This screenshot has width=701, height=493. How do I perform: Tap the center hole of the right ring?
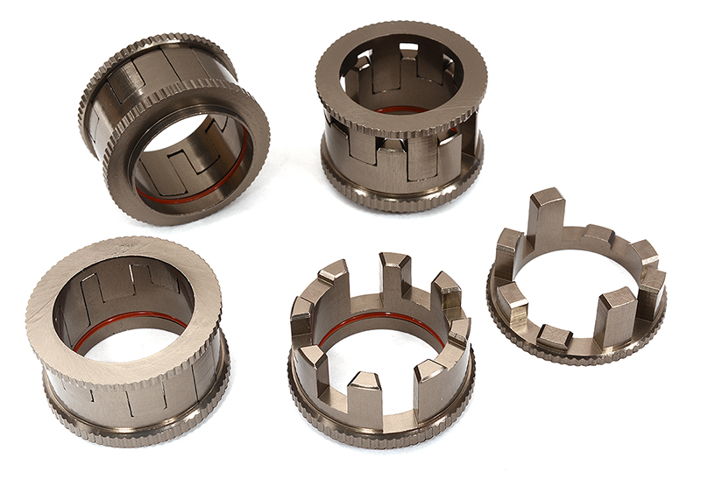point(575,293)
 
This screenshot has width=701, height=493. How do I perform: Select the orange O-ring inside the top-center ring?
point(403,110)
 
